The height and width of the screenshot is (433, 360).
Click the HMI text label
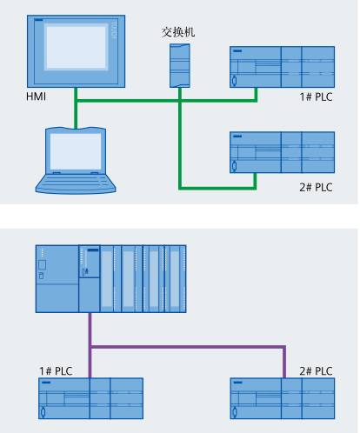point(36,97)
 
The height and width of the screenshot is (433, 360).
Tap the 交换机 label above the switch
point(178,32)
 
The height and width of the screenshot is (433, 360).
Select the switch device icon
point(180,65)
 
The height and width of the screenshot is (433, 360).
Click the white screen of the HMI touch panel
point(76,47)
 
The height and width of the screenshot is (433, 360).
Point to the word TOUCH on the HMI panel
point(114,30)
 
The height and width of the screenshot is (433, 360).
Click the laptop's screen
point(76,151)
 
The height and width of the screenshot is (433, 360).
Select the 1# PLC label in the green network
point(316,97)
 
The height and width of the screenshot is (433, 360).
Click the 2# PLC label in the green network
point(316,187)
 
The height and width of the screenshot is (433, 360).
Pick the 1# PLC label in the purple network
point(56,371)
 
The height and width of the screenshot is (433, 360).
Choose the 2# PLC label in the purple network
point(316,371)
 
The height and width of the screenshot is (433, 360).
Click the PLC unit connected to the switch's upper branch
point(282,67)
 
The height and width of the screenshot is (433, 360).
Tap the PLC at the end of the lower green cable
point(282,152)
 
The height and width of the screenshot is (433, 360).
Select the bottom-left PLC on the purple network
point(90,398)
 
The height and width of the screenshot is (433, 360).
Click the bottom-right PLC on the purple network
point(283,398)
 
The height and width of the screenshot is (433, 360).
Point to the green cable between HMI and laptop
point(76,108)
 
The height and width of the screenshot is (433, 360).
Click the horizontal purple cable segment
point(187,347)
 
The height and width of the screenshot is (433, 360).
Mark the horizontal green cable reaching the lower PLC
point(217,189)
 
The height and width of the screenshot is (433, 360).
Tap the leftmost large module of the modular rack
point(57,279)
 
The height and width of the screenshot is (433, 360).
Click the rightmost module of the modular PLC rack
point(175,279)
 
